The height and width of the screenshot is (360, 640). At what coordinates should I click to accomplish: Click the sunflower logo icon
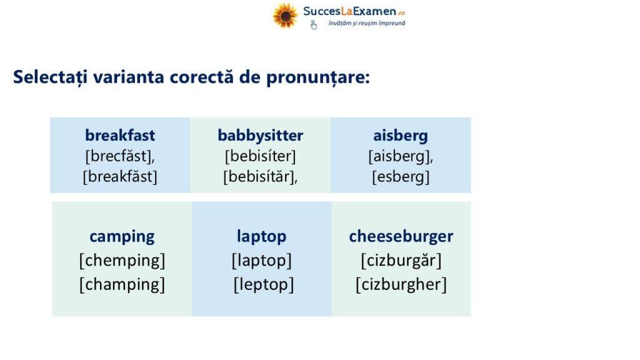tap(285, 16)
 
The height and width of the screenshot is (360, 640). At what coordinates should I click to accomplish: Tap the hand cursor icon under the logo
tap(314, 25)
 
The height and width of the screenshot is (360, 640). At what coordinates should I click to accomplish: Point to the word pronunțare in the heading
tap(318, 77)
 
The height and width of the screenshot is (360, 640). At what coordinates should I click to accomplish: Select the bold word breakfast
tap(120, 135)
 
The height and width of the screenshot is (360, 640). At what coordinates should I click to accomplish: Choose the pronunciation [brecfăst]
tap(119, 156)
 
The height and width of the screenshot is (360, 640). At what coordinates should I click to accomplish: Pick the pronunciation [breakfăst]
tap(120, 176)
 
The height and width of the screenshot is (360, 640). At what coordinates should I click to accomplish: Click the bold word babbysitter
tap(261, 136)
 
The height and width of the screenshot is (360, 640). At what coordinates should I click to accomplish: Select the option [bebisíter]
tap(261, 156)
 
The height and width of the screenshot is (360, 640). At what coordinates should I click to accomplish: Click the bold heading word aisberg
tap(401, 136)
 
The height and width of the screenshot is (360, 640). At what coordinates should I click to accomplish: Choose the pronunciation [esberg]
tap(401, 176)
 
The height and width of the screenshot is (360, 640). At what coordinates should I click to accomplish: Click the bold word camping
tap(122, 236)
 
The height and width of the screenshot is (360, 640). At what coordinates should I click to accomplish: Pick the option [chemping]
tap(122, 261)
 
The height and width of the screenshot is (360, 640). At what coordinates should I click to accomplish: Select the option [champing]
tap(122, 284)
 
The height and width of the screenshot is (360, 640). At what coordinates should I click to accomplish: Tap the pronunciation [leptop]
tap(264, 284)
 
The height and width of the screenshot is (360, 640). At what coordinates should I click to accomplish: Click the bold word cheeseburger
tap(401, 236)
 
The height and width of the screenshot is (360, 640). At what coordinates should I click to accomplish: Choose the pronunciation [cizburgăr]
tap(401, 261)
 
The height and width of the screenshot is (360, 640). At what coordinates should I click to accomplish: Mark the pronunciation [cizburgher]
tap(401, 284)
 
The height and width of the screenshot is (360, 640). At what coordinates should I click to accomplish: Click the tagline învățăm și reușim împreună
tap(367, 23)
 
